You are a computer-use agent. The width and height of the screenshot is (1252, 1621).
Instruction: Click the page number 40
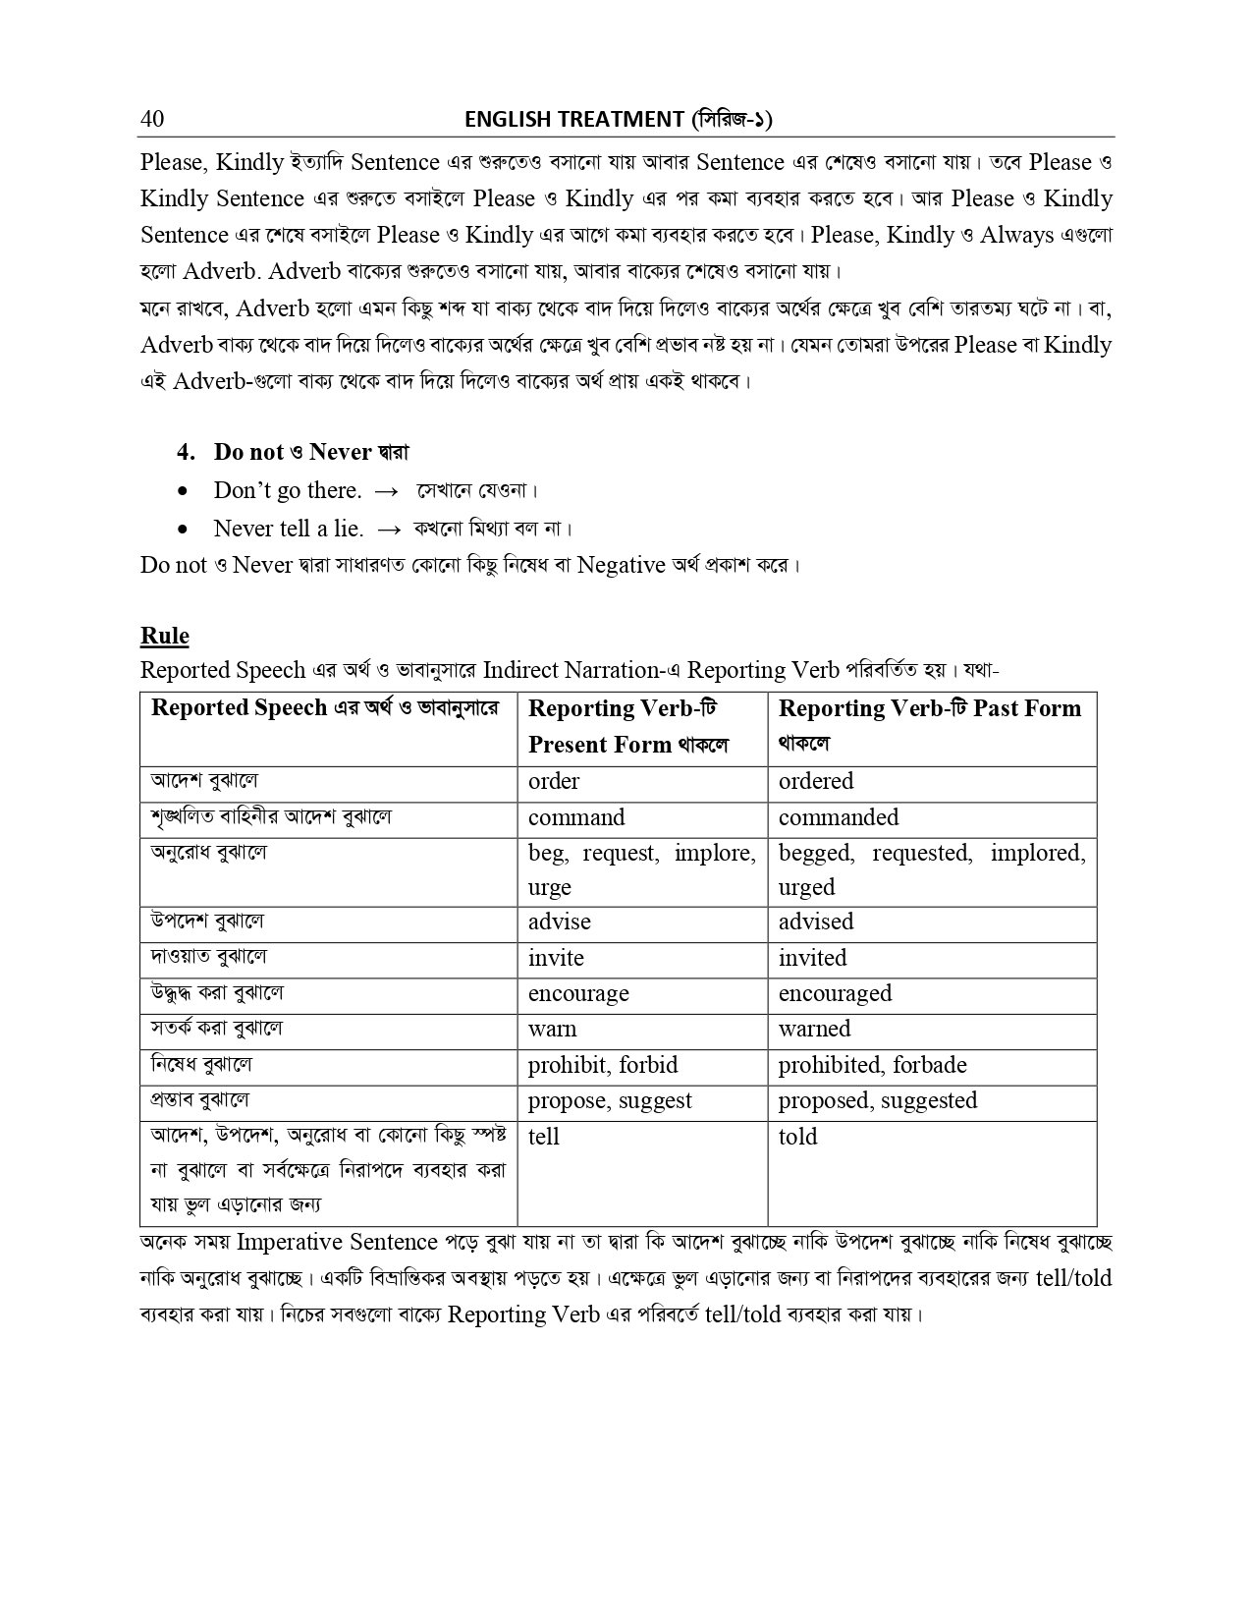pyautogui.click(x=152, y=119)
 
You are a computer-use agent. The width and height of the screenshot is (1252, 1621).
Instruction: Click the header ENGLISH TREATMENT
pyautogui.click(x=573, y=120)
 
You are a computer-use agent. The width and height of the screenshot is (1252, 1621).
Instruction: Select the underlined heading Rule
pyautogui.click(x=164, y=636)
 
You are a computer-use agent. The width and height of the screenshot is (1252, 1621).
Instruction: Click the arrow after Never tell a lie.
pyautogui.click(x=388, y=529)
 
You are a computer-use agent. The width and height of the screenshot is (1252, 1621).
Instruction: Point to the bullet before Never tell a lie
pyautogui.click(x=183, y=529)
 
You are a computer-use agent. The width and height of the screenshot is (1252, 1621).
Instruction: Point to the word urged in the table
pyautogui.click(x=806, y=887)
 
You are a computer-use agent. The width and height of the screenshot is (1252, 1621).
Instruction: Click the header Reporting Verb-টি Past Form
pyautogui.click(x=929, y=708)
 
